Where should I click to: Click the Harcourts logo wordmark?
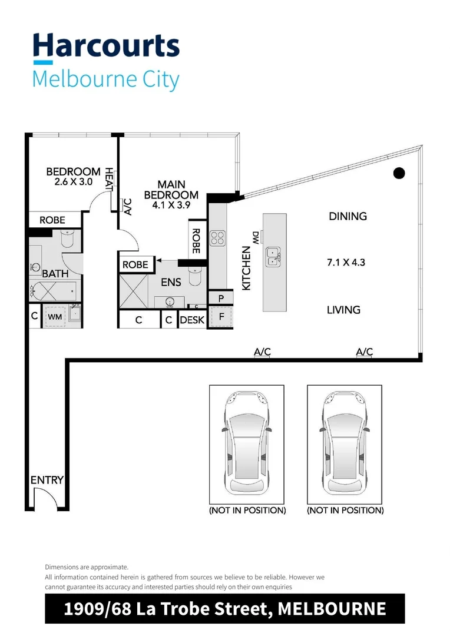pos(106,47)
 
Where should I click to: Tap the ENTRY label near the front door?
pos(47,481)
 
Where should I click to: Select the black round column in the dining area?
pos(399,173)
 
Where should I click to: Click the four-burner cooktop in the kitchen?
pos(218,237)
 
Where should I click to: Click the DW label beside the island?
pos(256,237)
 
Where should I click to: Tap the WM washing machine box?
pos(55,316)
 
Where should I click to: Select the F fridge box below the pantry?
pos(221,316)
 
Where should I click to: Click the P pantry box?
pos(221,299)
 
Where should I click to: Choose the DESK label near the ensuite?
pos(192,320)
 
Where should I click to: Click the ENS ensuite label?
pos(171,283)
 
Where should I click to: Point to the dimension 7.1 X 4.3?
pos(346,262)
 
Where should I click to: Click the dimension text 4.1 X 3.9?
pos(171,206)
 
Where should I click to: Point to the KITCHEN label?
pos(246,268)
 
